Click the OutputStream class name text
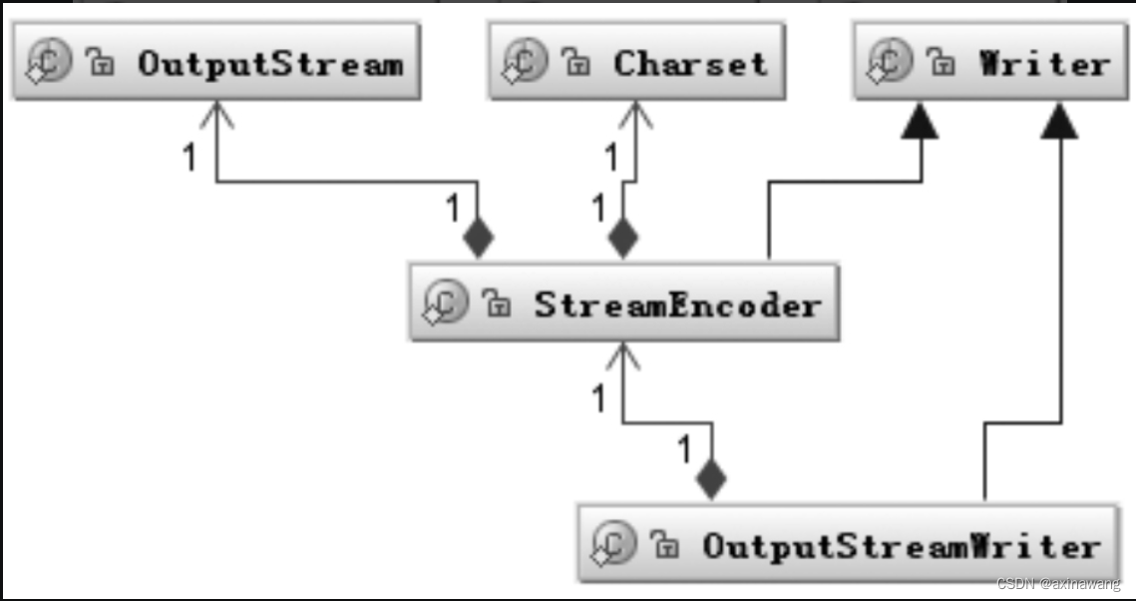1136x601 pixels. [x=270, y=65]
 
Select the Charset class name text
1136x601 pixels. [x=690, y=65]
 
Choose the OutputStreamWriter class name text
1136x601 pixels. [x=901, y=546]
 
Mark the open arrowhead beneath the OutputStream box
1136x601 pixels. [x=216, y=115]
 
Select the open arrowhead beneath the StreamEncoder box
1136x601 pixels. [x=623, y=355]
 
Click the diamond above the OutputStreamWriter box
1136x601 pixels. [x=710, y=480]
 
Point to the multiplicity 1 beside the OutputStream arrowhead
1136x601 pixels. [x=189, y=157]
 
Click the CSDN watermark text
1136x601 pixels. [x=1058, y=584]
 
